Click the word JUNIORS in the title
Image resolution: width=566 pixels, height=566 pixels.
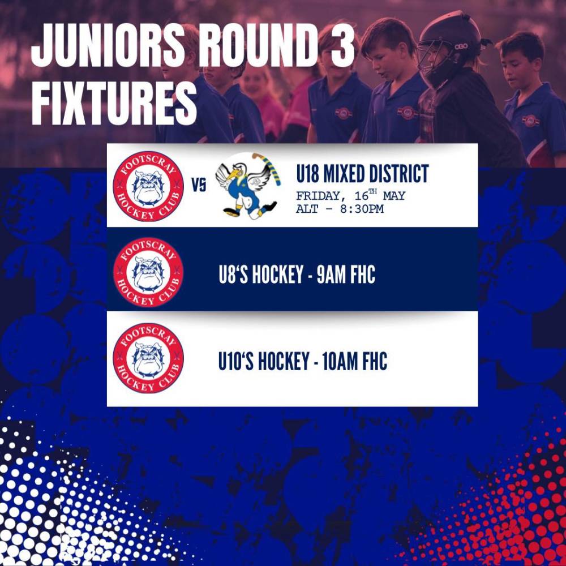point(108,45)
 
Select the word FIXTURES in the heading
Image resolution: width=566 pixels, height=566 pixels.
point(114,103)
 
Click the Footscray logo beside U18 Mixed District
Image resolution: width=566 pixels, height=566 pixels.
point(148,186)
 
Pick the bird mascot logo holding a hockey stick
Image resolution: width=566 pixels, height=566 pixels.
point(248,186)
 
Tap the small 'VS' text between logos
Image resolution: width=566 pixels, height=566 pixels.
point(199,185)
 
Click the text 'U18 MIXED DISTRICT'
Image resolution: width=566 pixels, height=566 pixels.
point(362,173)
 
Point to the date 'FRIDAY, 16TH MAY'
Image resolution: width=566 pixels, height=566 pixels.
point(350,195)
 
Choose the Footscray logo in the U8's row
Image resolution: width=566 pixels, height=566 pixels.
point(148,272)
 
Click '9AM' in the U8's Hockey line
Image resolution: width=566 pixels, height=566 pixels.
point(331,275)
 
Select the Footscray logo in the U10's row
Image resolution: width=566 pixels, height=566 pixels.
point(148,358)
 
